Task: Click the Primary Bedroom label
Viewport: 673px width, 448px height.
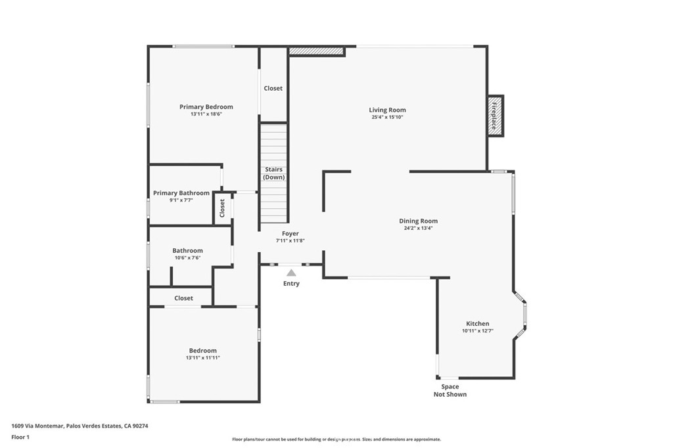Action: tap(206, 107)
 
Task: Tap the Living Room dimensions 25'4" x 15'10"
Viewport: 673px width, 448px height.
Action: tap(387, 117)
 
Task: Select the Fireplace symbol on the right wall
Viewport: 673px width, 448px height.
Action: tap(496, 116)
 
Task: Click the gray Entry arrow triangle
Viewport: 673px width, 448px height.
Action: tap(291, 273)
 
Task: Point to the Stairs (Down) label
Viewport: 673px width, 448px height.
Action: tap(274, 173)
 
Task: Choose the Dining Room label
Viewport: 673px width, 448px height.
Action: tap(419, 221)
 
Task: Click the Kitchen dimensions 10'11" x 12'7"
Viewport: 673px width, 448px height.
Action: tap(478, 331)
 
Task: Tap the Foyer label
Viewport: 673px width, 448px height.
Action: tap(290, 234)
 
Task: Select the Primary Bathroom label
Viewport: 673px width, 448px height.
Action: tap(181, 193)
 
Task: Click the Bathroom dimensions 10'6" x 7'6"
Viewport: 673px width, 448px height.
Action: tap(187, 258)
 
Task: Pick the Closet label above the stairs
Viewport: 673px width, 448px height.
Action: tap(273, 89)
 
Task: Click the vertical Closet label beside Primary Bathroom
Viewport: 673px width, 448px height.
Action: tap(222, 208)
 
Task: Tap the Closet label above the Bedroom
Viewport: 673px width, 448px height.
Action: tap(184, 298)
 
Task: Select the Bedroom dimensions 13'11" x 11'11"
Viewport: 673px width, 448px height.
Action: tap(203, 358)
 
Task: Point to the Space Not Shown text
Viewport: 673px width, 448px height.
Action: tap(450, 390)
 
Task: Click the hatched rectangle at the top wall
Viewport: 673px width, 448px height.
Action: tap(317, 51)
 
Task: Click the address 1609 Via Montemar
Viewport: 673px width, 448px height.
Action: tap(37, 426)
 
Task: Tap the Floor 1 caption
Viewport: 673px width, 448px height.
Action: tap(20, 437)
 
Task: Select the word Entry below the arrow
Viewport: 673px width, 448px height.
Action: tap(291, 284)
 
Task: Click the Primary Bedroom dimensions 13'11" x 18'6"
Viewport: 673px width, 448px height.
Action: tap(206, 114)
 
